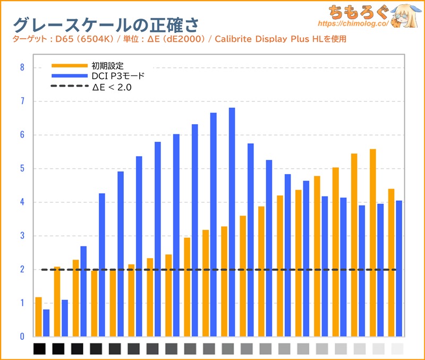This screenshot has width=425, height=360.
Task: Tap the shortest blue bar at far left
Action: coord(46,323)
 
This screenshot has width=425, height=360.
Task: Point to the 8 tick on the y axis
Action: coord(22,67)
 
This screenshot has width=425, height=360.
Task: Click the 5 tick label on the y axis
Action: coord(22,168)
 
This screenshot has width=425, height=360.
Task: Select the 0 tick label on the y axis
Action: coord(22,337)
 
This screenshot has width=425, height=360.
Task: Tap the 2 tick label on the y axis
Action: coord(22,269)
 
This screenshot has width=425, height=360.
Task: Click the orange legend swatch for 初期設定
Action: coord(69,66)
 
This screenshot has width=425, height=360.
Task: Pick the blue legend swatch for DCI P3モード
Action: coord(69,76)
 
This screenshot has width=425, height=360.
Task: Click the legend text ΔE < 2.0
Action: coord(112,87)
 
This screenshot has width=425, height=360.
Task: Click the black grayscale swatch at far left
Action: coord(40,349)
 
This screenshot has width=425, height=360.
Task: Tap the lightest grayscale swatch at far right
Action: coord(397,349)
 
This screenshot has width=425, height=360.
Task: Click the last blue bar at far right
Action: coord(399,269)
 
